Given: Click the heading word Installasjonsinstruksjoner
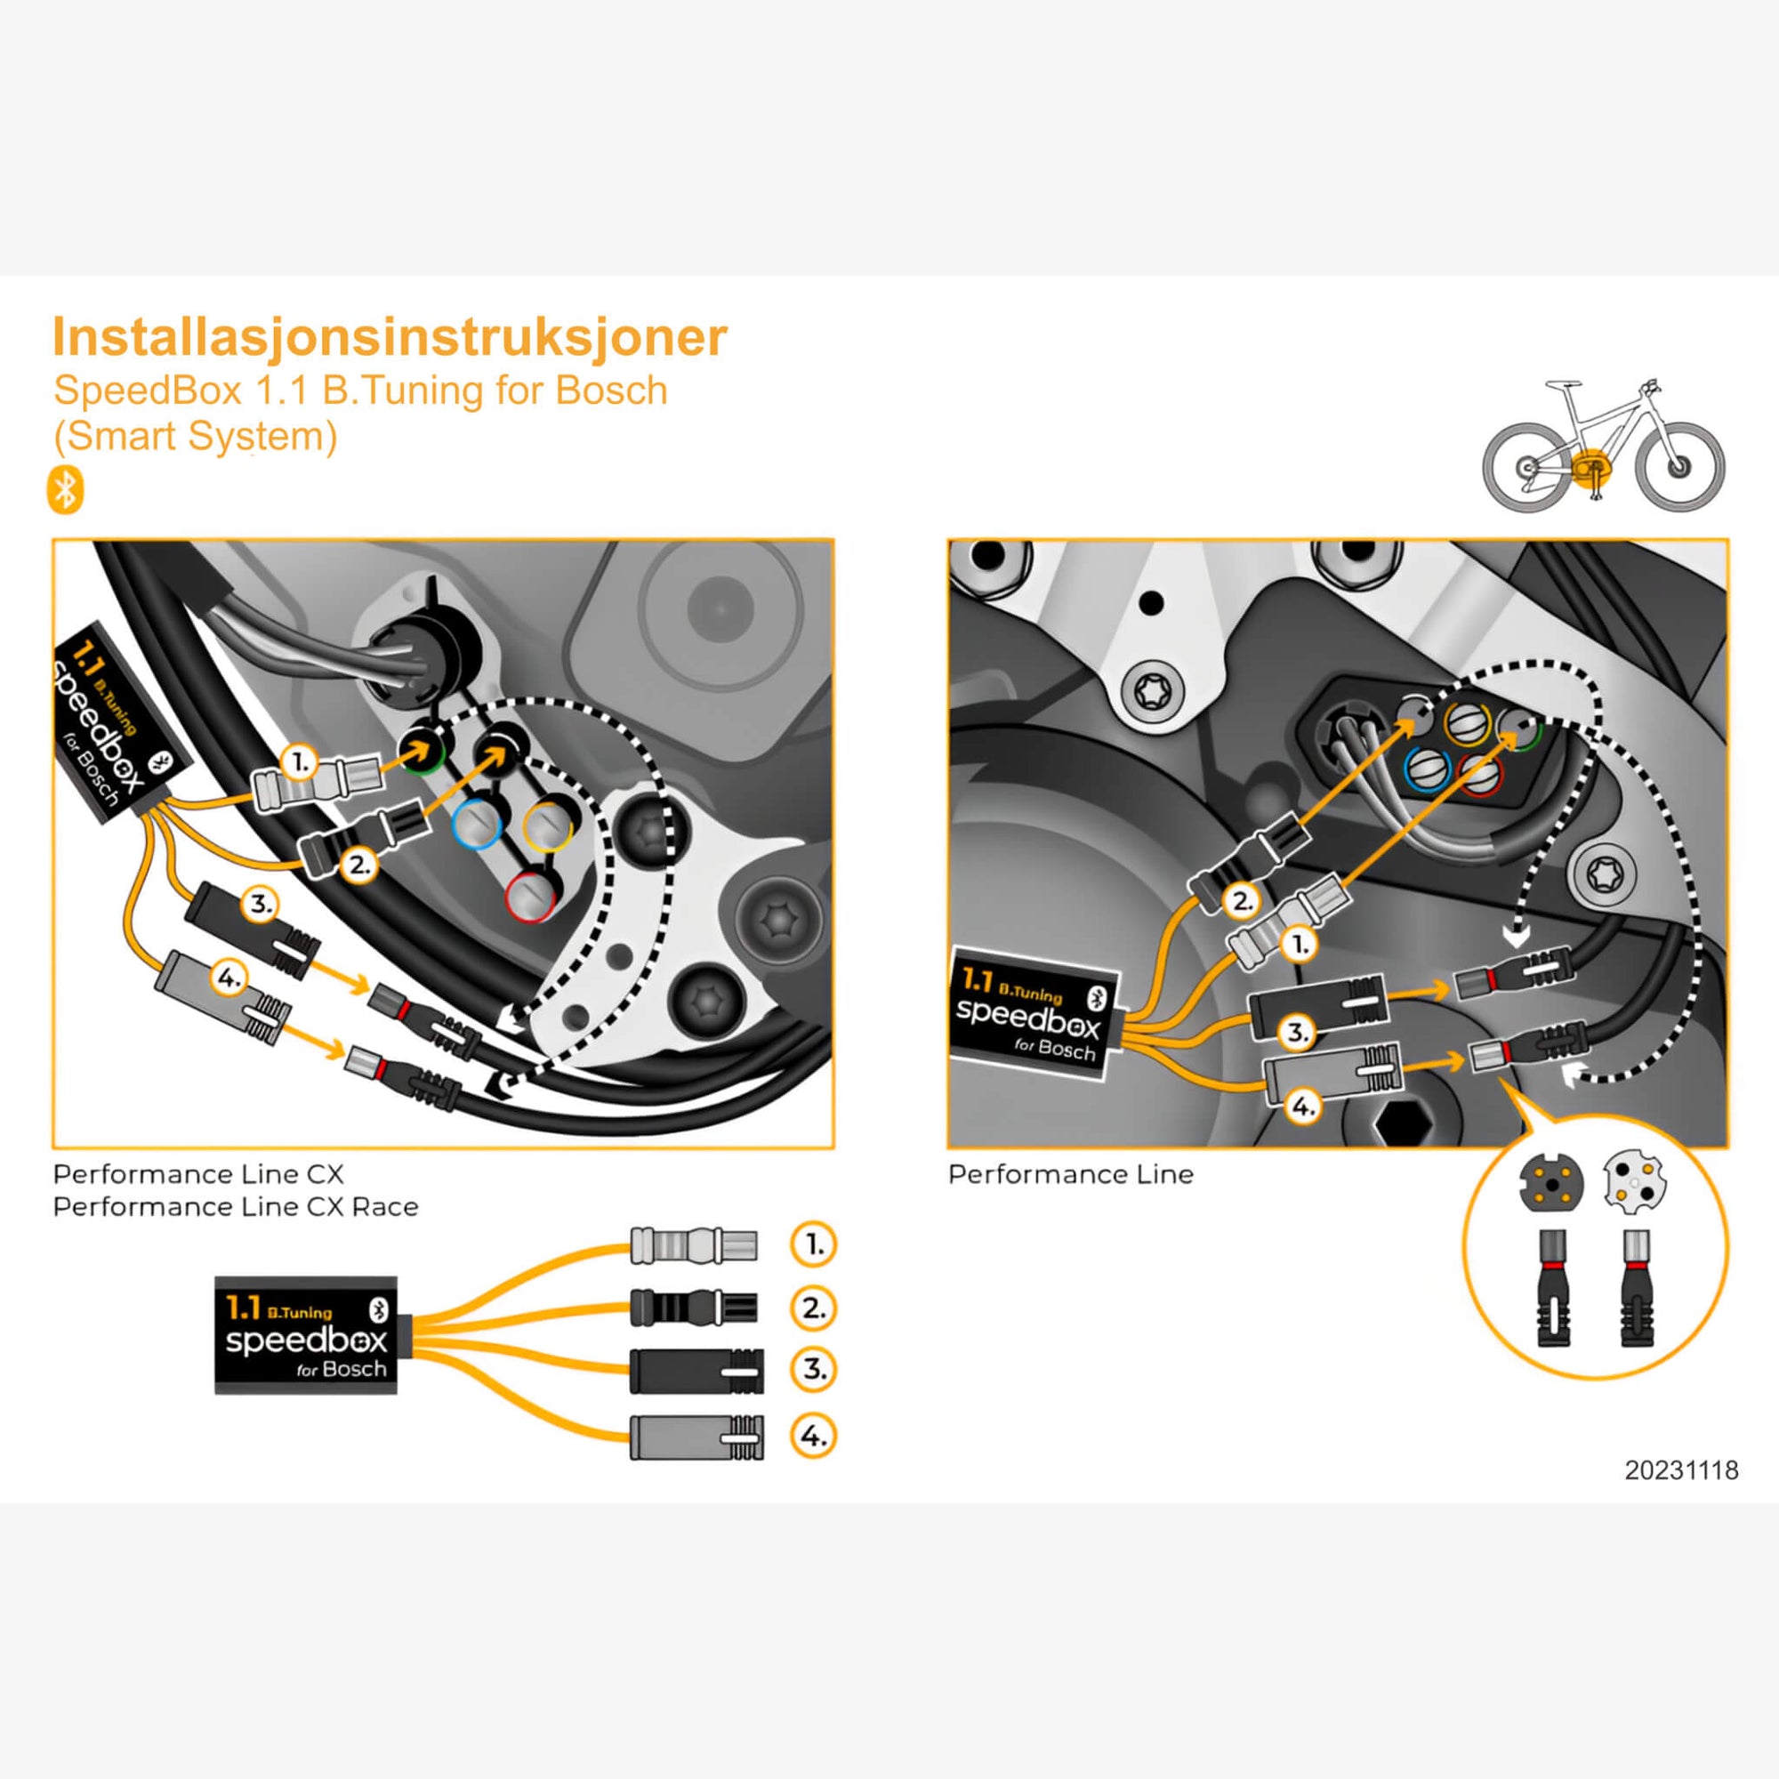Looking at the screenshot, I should coord(390,337).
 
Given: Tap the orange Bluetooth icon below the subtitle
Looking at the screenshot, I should coord(65,489).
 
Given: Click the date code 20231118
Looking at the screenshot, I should coord(1681,1469).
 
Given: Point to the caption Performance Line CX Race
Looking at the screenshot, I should coord(236,1206).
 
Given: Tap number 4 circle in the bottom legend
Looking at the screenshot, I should coord(813,1436).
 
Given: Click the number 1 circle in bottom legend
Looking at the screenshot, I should coord(813,1245).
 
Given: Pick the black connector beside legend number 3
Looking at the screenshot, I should coord(696,1371).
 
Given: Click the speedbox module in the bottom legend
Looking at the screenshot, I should coord(306,1334).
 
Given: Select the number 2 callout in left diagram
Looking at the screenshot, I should coord(358,865).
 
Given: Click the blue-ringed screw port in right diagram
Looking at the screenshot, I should coord(1428,769).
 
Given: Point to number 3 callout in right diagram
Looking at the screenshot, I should coord(1297,1032).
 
